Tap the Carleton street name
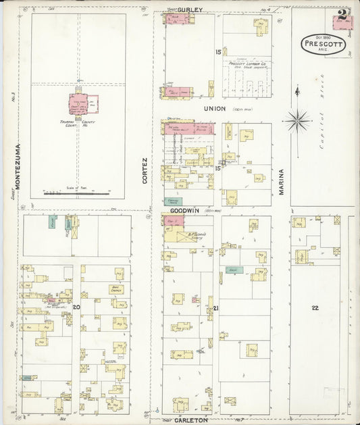coord(192,420)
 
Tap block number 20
coord(76,307)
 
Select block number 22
coord(315,307)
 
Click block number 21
coord(216,308)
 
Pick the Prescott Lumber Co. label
coord(247,64)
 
